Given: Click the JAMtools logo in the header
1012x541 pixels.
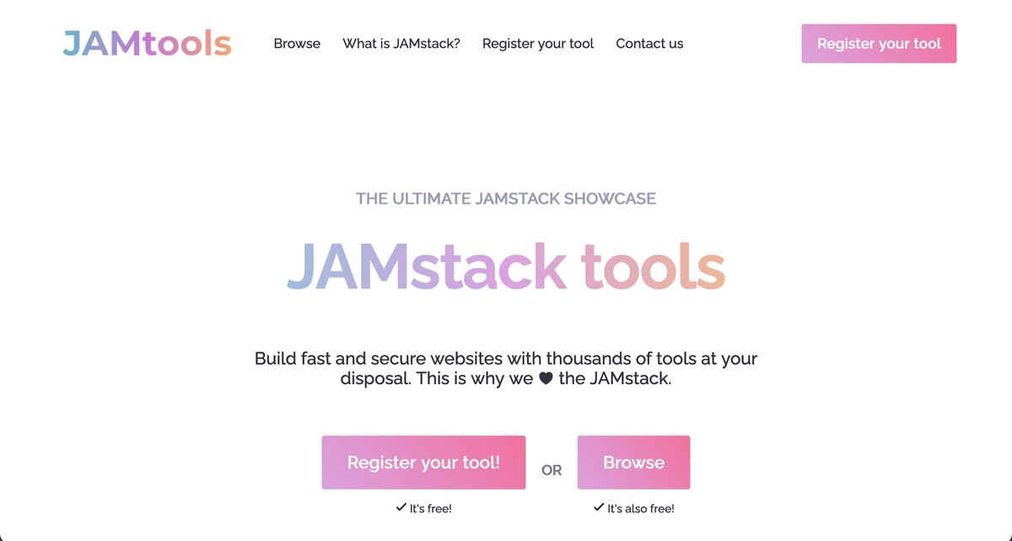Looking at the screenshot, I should [x=147, y=44].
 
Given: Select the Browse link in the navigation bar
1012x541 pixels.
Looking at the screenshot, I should [x=297, y=44].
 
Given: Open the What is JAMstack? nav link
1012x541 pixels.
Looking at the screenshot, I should [x=401, y=44].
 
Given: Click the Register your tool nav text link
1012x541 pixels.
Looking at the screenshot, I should [x=538, y=44].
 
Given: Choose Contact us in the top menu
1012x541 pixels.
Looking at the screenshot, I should [x=649, y=44].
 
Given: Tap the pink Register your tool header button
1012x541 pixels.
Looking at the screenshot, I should [x=879, y=44].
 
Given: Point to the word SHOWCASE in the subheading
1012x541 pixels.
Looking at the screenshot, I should [x=610, y=200].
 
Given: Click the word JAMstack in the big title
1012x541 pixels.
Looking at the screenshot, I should [x=427, y=266].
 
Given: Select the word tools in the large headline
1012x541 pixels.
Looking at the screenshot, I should [x=654, y=266].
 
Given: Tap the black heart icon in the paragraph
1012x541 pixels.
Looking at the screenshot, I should [x=546, y=379].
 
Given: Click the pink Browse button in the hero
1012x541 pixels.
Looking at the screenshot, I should [x=633, y=463].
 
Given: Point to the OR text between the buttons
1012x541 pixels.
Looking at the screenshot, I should [x=552, y=470].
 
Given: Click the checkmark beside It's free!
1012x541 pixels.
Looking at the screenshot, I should [x=401, y=508].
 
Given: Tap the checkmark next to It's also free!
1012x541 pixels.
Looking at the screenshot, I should [x=599, y=508].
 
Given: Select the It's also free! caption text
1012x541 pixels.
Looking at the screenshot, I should [x=641, y=509].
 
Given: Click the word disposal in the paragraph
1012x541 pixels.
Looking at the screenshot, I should [x=375, y=379].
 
